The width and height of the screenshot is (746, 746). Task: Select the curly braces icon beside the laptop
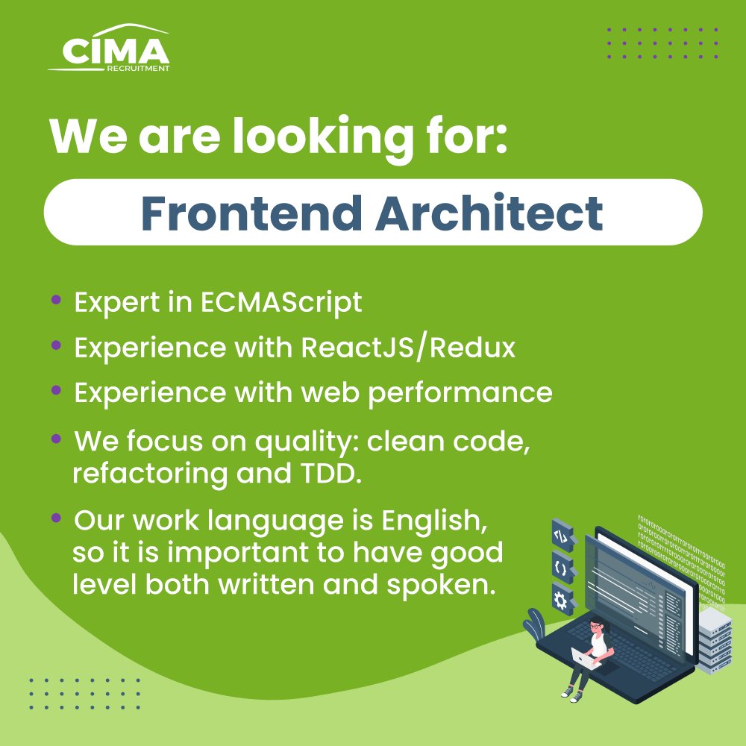point(561,567)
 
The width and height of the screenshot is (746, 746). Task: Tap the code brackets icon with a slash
point(561,535)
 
